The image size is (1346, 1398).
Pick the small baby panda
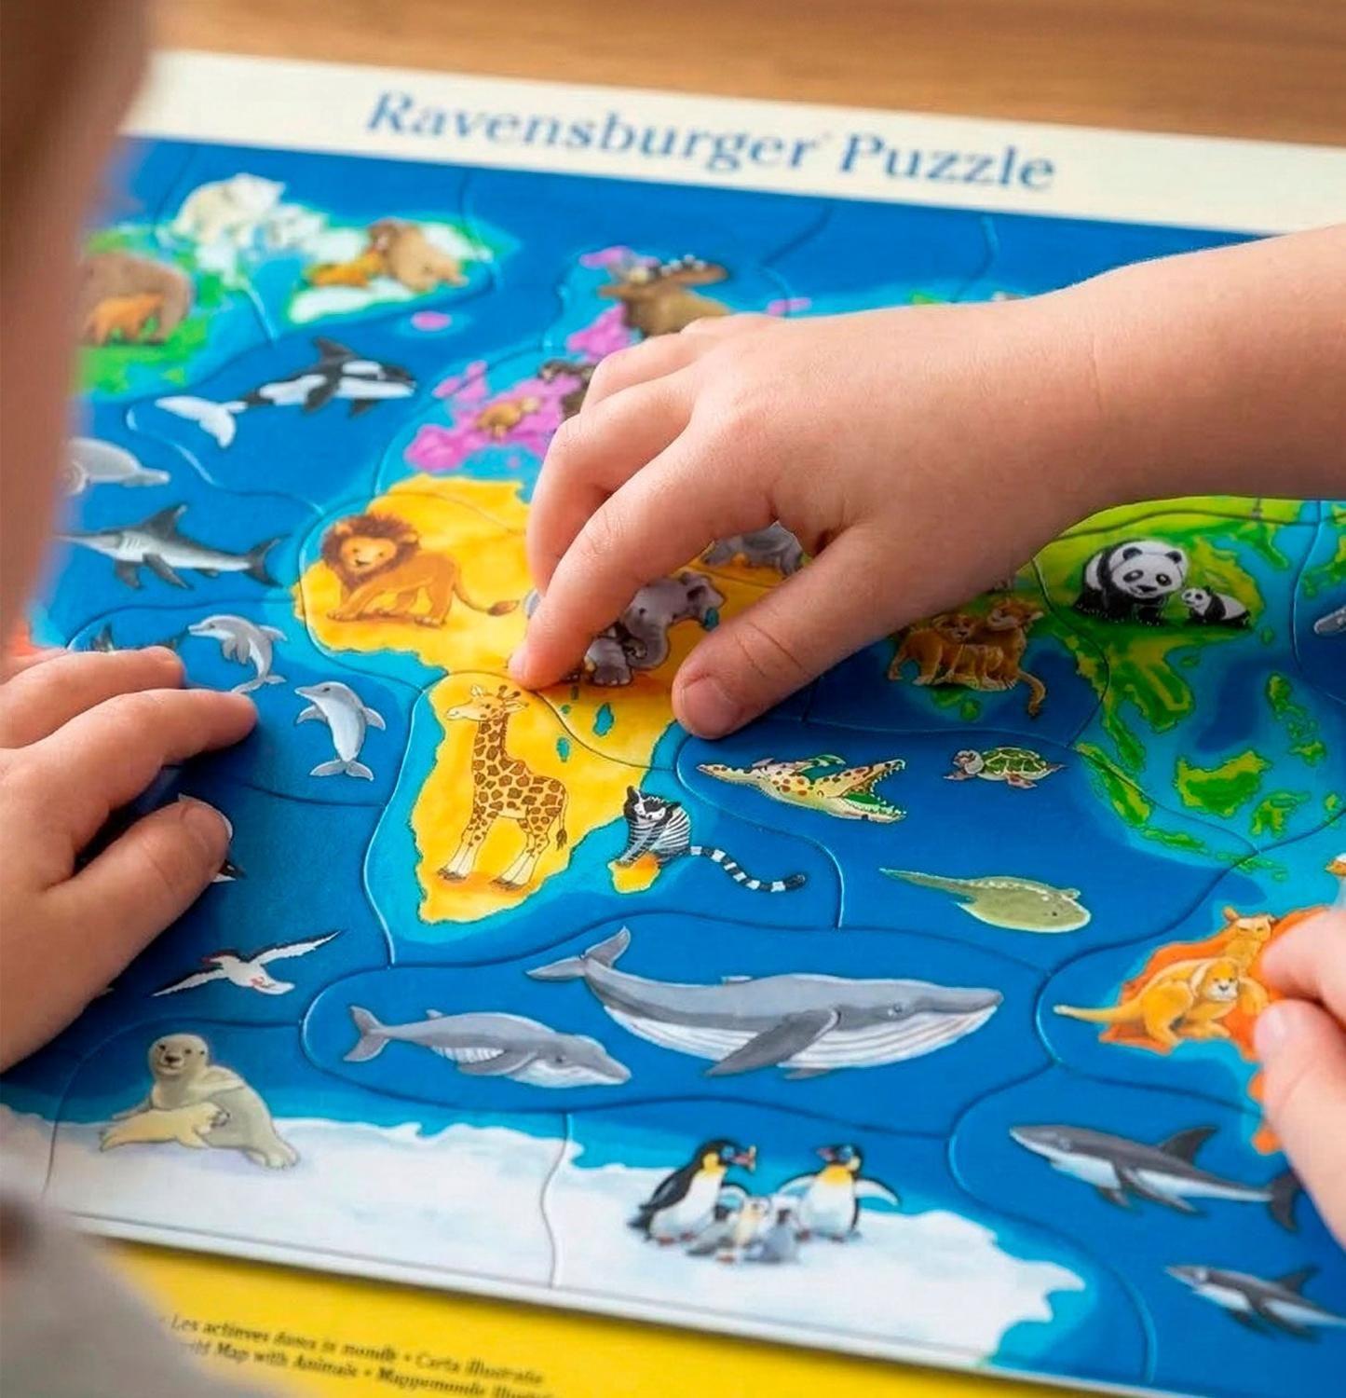click(x=1215, y=606)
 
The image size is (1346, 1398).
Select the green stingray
click(x=1006, y=899)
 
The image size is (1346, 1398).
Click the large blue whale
click(x=773, y=1007)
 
